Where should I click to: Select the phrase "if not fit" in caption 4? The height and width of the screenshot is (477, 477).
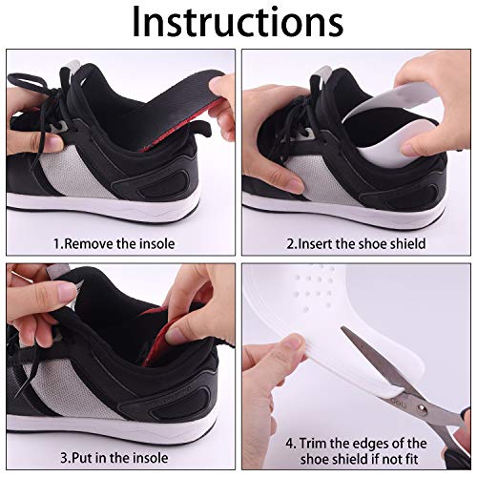click(x=415, y=462)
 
